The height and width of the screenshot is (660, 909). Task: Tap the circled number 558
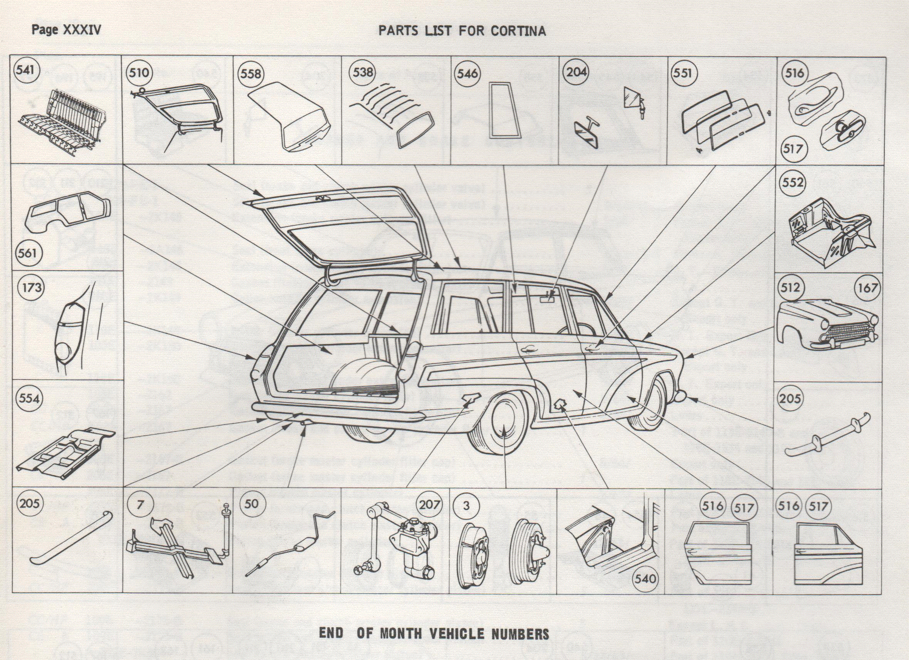click(x=251, y=74)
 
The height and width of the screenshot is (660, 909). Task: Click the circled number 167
click(x=868, y=288)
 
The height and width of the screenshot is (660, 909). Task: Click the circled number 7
click(x=139, y=504)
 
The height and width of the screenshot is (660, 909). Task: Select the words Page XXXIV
click(x=66, y=30)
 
